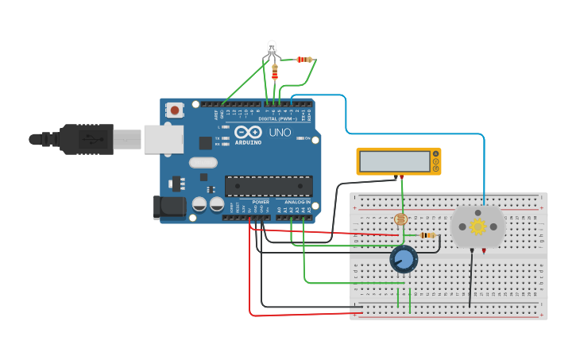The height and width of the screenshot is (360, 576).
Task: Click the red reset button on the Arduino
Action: pyautogui.click(x=175, y=110)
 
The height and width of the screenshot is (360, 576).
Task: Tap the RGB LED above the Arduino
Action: pyautogui.click(x=272, y=47)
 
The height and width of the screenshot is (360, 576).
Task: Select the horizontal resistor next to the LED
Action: pyautogui.click(x=303, y=60)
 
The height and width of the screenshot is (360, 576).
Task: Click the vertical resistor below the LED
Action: pyautogui.click(x=275, y=72)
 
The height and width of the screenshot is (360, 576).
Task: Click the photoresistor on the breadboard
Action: pyautogui.click(x=400, y=219)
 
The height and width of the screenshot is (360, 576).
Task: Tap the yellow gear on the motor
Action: pyautogui.click(x=477, y=226)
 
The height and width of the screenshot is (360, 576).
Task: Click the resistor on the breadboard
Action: pyautogui.click(x=428, y=235)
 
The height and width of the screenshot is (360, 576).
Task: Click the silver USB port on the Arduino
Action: pyautogui.click(x=163, y=139)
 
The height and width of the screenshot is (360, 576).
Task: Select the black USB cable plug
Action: pyautogui.click(x=87, y=139)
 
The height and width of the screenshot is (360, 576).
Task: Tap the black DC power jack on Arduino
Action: pyautogui.click(x=169, y=207)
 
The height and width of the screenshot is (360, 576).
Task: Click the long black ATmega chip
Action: pyautogui.click(x=268, y=186)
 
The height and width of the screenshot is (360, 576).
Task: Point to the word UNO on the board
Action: pyautogui.click(x=280, y=133)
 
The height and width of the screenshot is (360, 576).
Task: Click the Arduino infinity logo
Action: pyautogui.click(x=248, y=133)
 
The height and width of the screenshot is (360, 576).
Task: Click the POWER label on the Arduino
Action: pyautogui.click(x=261, y=202)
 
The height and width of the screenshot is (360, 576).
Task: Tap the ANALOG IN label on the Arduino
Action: pyautogui.click(x=299, y=202)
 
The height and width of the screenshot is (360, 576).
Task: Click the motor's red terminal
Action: pyautogui.click(x=485, y=251)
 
